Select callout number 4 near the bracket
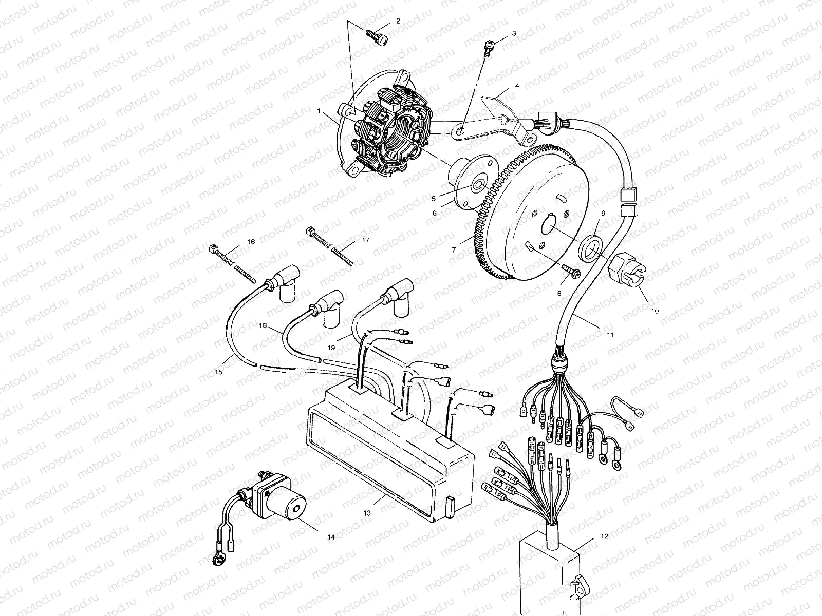[x=517, y=86]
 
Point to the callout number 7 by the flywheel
[x=454, y=250]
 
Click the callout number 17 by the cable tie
[x=365, y=240]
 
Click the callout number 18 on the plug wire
[x=263, y=326]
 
